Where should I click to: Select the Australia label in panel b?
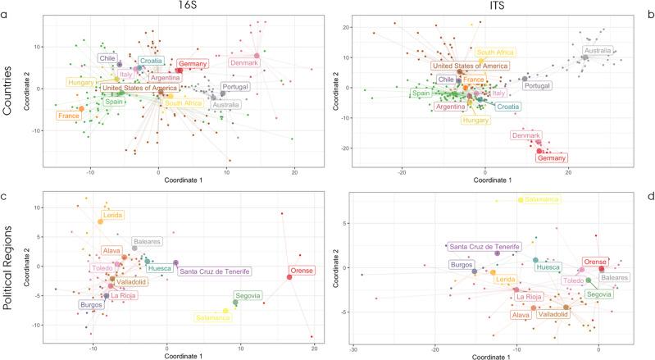pyautogui.click(x=598, y=51)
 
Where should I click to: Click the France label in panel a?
pyautogui.click(x=68, y=116)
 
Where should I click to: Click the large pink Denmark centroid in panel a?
pyautogui.click(x=257, y=56)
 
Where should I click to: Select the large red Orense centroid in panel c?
pyautogui.click(x=289, y=277)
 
